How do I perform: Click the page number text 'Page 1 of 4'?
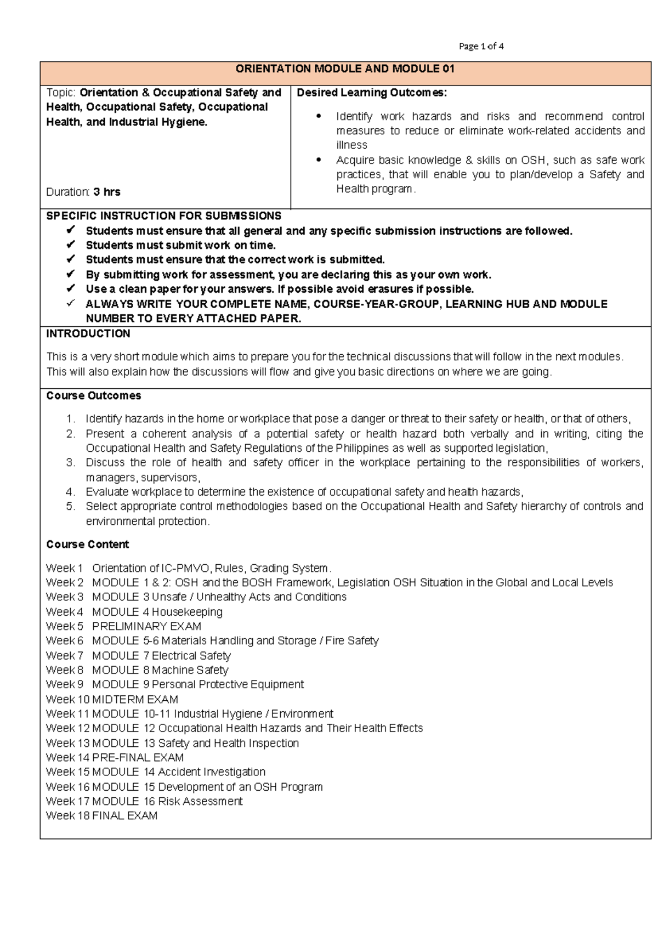pos(481,47)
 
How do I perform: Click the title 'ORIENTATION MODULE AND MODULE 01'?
pos(345,69)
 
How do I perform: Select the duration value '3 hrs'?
pos(107,192)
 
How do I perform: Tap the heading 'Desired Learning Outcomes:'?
pos(372,93)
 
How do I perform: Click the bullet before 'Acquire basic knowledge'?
pos(319,160)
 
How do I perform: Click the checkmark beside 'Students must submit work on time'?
pos(70,245)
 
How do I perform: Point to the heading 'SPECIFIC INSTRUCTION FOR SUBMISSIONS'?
pos(163,216)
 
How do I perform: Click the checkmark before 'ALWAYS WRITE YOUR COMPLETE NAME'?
pos(70,303)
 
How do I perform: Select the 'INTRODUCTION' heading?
pos(88,334)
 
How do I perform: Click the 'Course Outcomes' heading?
pos(93,396)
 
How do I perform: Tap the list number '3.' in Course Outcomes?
pos(70,463)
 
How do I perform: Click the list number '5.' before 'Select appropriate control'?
pos(70,507)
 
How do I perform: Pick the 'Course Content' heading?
pos(87,545)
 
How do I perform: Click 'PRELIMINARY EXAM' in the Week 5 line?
pos(146,626)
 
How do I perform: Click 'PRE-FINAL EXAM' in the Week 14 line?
pos(138,758)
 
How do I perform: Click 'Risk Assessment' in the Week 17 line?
pos(200,802)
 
